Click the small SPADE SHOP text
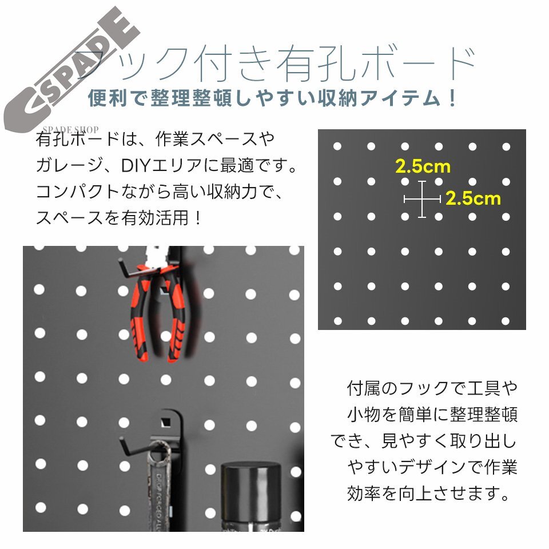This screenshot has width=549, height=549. point(71,129)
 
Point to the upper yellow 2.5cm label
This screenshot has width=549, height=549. point(423,167)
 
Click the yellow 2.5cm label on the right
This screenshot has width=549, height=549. point(472,198)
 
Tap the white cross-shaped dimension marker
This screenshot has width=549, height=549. point(422,199)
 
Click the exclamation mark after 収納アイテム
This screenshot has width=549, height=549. point(452,98)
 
